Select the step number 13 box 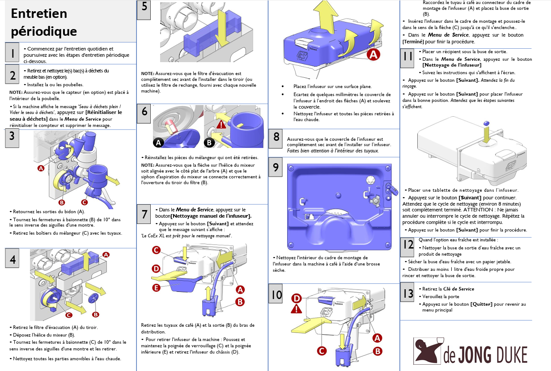(408, 293)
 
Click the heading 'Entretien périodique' (44, 22)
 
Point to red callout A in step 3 (41, 169)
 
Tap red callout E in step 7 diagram (156, 287)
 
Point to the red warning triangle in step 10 (296, 308)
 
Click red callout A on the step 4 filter (106, 254)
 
